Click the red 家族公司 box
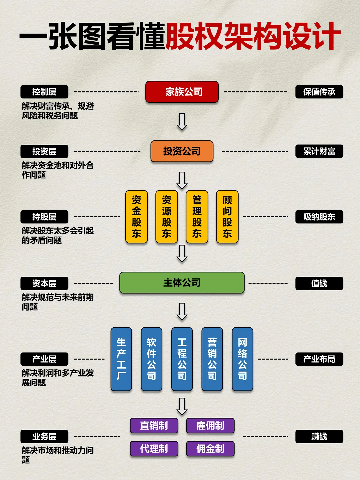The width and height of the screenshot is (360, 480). (x=182, y=92)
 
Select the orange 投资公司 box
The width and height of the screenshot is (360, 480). (x=182, y=151)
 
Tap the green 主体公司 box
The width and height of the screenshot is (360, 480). (x=182, y=283)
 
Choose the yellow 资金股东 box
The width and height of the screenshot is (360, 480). (x=136, y=217)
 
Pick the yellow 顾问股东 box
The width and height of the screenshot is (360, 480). (x=227, y=217)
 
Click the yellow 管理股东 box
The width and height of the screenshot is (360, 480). (x=197, y=217)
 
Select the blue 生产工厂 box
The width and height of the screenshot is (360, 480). (x=121, y=359)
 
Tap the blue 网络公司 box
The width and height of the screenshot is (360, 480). (x=243, y=359)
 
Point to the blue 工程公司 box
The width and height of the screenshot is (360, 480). (x=182, y=359)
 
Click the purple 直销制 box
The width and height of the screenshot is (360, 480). (x=154, y=426)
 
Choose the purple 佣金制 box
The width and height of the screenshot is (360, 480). (x=210, y=449)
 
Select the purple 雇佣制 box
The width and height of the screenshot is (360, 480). (x=210, y=426)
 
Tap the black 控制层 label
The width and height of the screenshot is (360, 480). (x=44, y=92)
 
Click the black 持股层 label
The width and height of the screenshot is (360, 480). (x=44, y=217)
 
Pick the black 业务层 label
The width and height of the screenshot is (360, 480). (x=44, y=436)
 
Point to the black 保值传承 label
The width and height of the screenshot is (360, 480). (x=319, y=92)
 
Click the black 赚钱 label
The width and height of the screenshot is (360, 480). (x=319, y=436)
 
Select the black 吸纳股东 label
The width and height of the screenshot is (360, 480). (x=319, y=217)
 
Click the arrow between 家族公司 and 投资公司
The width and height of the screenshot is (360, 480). (x=182, y=122)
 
